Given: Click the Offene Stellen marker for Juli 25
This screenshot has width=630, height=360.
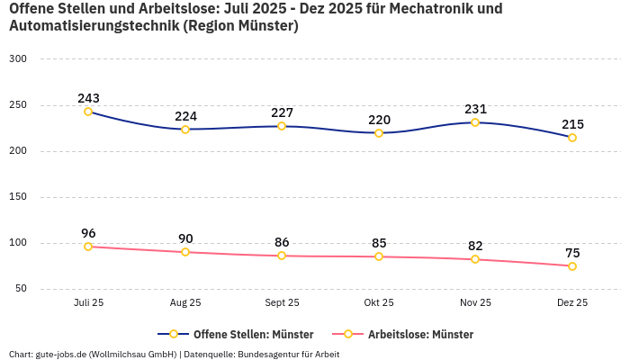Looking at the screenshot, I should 88,112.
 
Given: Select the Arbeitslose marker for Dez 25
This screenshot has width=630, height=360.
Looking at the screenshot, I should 572,266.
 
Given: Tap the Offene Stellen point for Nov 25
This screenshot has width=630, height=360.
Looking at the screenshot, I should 475,122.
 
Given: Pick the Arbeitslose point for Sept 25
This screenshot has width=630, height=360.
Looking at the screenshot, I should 282,256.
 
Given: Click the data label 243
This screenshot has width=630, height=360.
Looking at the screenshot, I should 88,98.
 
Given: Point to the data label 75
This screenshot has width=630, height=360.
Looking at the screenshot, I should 572,253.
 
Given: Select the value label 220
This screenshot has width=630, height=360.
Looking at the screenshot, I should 379,120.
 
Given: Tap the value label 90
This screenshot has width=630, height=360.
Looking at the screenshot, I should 185,238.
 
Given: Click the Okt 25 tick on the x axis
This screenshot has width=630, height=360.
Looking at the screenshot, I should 379,303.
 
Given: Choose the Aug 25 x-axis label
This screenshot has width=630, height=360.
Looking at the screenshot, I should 185,303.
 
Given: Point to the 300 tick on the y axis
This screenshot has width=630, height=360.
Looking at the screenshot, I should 18,58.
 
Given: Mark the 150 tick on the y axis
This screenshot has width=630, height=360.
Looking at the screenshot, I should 18,197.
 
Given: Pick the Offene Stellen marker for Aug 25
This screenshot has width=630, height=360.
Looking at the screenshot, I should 185,130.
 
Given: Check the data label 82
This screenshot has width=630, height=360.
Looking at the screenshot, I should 475,246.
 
